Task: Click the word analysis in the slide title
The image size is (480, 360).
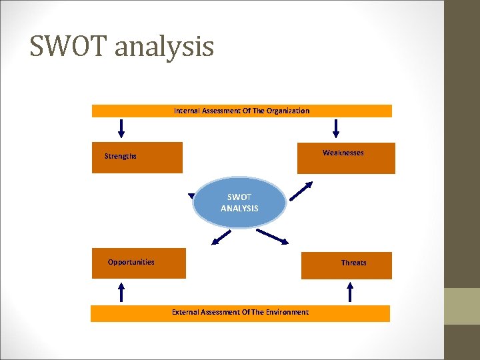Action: tap(165, 47)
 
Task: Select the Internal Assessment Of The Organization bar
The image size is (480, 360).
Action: tap(241, 111)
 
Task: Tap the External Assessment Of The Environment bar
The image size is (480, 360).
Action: tap(240, 312)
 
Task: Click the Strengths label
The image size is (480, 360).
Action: tap(121, 157)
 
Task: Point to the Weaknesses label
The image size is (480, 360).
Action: tap(343, 153)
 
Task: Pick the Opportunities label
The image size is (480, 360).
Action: tap(131, 262)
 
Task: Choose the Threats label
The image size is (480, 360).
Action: tap(354, 263)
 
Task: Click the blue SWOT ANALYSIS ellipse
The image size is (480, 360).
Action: tap(239, 203)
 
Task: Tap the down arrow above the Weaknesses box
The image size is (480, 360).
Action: tap(336, 128)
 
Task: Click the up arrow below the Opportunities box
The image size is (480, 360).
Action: tap(121, 291)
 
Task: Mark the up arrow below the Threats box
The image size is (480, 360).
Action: tap(350, 291)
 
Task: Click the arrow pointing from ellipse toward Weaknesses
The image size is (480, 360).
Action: tap(300, 191)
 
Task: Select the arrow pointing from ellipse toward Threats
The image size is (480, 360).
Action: tap(271, 237)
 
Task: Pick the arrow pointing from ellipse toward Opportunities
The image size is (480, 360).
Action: tap(221, 237)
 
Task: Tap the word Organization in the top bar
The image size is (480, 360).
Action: tap(287, 111)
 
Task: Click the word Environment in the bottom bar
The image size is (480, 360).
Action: tap(286, 312)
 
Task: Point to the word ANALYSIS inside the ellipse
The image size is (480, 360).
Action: tap(239, 209)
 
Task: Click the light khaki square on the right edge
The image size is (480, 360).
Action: tap(462, 306)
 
